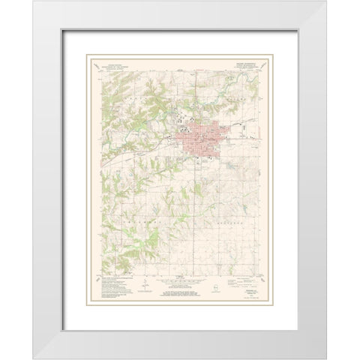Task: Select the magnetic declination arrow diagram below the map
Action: coord(142,284)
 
